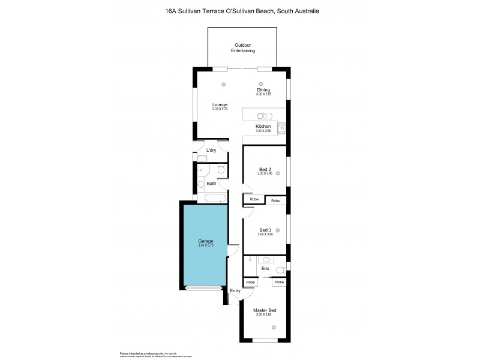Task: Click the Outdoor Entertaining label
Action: (242, 48)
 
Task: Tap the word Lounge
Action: (220, 104)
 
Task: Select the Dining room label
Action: (264, 90)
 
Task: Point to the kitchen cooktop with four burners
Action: (281, 127)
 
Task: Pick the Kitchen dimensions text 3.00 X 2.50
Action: (263, 131)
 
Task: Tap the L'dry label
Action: (211, 150)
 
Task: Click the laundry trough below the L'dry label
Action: (202, 158)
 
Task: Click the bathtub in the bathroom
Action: (214, 197)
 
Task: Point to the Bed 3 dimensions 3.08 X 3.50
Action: (265, 234)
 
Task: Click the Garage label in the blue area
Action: (206, 241)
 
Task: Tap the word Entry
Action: (235, 291)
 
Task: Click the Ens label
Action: (265, 269)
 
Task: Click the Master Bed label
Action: (265, 310)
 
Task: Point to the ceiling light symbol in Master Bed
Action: (274, 327)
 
